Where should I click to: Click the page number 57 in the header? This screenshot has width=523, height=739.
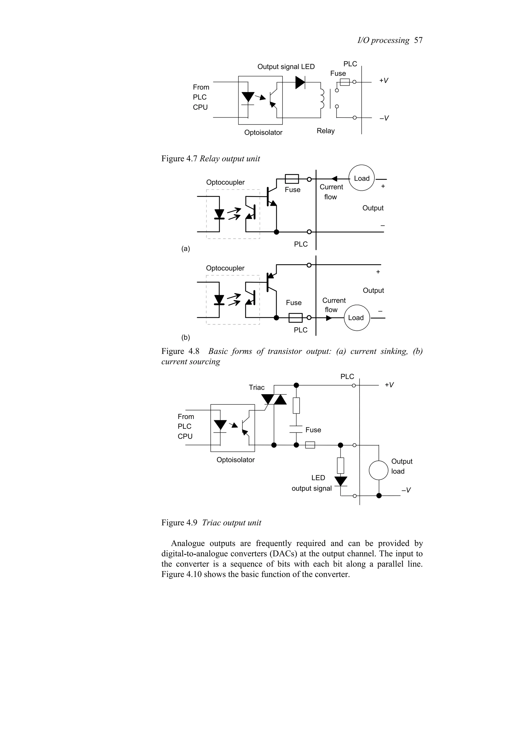click(x=418, y=40)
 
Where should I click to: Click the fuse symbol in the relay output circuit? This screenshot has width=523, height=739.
click(x=344, y=82)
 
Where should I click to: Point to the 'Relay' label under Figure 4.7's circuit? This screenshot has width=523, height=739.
click(x=325, y=131)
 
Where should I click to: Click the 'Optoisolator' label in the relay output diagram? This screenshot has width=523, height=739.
click(x=263, y=133)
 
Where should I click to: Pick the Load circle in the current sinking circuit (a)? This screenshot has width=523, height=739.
click(x=362, y=178)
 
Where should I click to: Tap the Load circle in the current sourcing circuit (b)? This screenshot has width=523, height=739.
click(x=356, y=318)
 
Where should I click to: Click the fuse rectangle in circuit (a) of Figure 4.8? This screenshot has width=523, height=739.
click(x=292, y=179)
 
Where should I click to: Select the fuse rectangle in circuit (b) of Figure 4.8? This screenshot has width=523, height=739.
click(x=295, y=318)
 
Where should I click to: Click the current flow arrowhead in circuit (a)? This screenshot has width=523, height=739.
click(x=335, y=179)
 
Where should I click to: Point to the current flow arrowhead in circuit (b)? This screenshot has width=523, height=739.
click(x=329, y=318)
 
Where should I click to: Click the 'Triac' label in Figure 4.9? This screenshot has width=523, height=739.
click(x=256, y=388)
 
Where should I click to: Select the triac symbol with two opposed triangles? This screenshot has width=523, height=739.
click(x=274, y=399)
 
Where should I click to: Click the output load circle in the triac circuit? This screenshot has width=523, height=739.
click(x=379, y=470)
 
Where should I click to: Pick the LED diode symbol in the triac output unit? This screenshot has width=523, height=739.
click(x=341, y=481)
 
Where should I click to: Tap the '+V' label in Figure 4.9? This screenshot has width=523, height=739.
click(x=389, y=385)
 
